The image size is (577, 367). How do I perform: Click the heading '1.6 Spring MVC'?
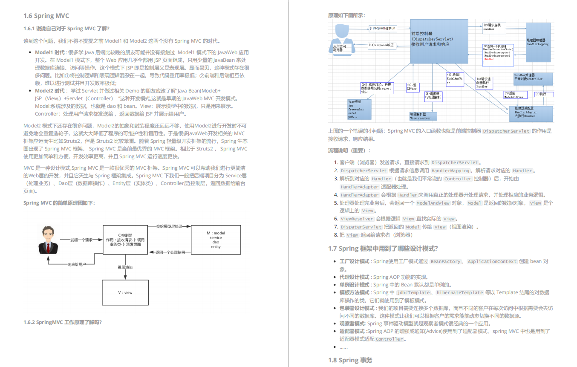pos(46,16)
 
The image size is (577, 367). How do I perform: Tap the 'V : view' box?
pos(125,292)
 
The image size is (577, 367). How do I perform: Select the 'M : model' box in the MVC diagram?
pos(216,240)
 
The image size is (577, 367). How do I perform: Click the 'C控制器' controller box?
pos(125,240)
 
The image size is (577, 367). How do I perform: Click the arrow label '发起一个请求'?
pos(81,240)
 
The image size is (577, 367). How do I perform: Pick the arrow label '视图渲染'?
pos(125,267)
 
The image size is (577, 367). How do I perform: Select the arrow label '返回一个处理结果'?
pos(170,252)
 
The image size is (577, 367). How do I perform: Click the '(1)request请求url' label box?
pos(382,29)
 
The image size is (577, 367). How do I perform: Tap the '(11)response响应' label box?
pos(381,45)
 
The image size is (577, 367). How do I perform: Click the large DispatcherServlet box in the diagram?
pos(439,41)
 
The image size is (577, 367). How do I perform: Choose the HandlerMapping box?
pos(539,41)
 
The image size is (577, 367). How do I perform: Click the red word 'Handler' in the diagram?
pos(489,59)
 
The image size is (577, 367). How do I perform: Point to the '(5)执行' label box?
pos(543,94)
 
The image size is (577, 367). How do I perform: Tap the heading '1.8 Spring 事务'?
pos(350,360)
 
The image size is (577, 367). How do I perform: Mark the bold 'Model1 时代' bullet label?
pos(50,52)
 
